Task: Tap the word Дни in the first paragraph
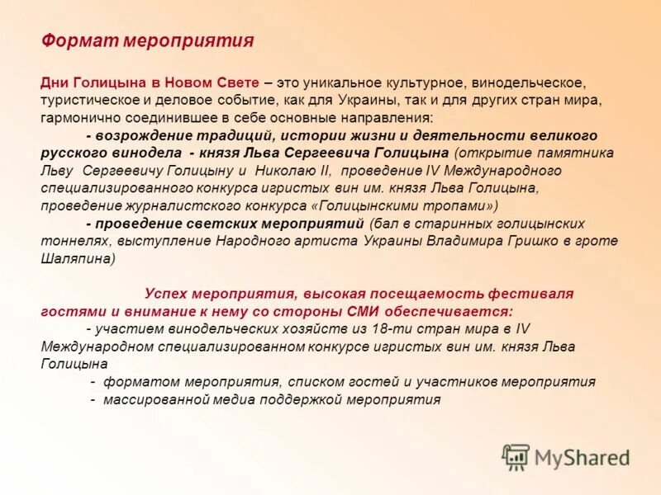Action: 55,83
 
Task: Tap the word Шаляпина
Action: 74,257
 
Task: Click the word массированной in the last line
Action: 151,398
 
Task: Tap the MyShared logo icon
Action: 516,456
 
